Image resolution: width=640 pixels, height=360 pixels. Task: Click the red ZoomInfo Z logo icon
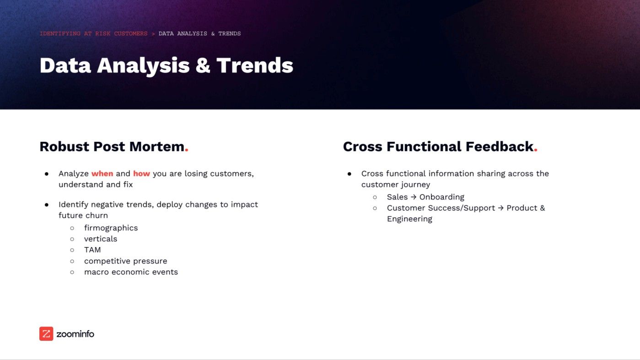coord(46,334)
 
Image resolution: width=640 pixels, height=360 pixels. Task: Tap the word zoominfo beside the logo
coord(75,334)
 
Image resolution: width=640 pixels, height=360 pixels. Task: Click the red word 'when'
coord(102,174)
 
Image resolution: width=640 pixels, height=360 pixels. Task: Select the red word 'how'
coord(141,174)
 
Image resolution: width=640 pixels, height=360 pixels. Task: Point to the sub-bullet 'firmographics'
coord(111,228)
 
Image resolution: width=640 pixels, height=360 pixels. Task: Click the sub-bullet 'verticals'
coord(101,239)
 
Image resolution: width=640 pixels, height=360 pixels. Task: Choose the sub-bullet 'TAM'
coord(92,250)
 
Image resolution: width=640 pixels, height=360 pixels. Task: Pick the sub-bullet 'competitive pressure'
coord(125,261)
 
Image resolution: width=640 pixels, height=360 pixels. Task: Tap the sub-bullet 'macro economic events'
coord(131,272)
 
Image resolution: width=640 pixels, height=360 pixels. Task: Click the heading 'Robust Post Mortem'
coord(112,147)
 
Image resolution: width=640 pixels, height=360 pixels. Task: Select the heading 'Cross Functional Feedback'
coord(438,147)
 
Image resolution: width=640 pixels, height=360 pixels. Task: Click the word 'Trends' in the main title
coord(255,65)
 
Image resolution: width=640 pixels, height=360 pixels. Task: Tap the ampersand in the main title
coord(203,65)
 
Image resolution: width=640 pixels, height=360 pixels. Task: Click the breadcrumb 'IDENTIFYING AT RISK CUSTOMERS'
coord(93,34)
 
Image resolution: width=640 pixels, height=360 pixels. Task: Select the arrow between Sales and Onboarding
coord(414,197)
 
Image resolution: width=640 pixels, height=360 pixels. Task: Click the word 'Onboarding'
coord(441,197)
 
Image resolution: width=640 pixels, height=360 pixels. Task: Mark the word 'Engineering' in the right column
coord(409,219)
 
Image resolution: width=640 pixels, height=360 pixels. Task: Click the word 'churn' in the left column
coord(96,215)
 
